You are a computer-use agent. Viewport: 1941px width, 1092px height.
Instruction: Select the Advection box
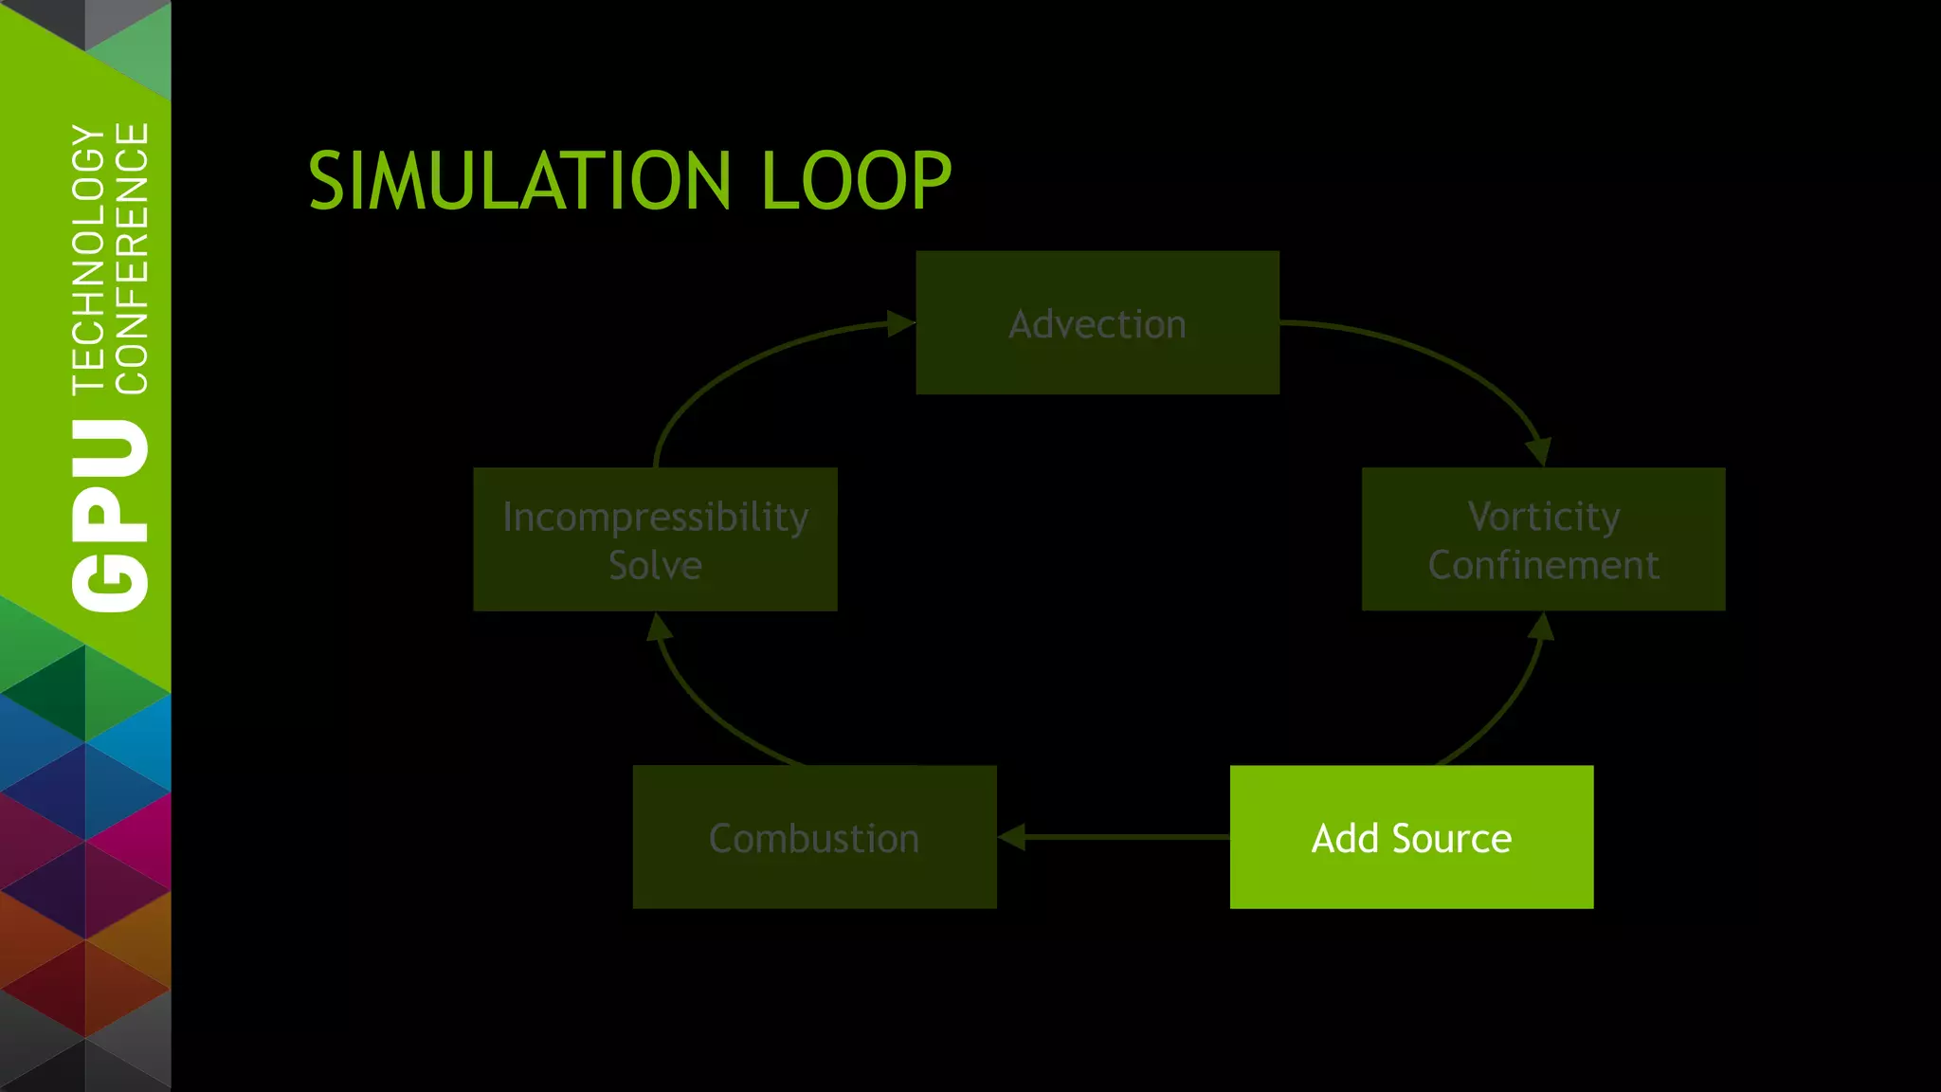[1097, 323]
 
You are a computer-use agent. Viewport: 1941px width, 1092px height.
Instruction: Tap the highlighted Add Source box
[1411, 836]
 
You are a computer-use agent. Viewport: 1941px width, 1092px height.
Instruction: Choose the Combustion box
[814, 838]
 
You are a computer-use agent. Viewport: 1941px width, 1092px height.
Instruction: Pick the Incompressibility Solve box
[655, 539]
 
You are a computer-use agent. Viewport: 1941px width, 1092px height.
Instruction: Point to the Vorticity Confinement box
[1543, 539]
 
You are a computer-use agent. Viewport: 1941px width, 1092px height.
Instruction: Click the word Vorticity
[1543, 517]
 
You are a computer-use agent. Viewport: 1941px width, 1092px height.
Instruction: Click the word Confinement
[1543, 565]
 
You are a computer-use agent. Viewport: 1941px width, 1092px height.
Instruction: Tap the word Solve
[655, 565]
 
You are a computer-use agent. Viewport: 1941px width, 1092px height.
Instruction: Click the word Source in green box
[1451, 838]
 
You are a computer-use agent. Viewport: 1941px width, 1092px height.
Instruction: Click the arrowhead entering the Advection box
[899, 324]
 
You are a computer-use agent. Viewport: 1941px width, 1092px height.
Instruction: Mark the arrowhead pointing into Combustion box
[1012, 837]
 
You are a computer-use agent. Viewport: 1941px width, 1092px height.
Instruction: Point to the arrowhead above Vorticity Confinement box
[1538, 451]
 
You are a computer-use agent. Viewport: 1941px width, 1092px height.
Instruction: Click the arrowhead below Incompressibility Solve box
[659, 628]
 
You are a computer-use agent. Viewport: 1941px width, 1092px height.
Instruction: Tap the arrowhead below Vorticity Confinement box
[1541, 627]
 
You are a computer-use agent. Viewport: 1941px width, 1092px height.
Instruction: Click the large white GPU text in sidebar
[110, 517]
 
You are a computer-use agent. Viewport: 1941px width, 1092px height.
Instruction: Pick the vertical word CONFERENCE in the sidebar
[132, 258]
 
